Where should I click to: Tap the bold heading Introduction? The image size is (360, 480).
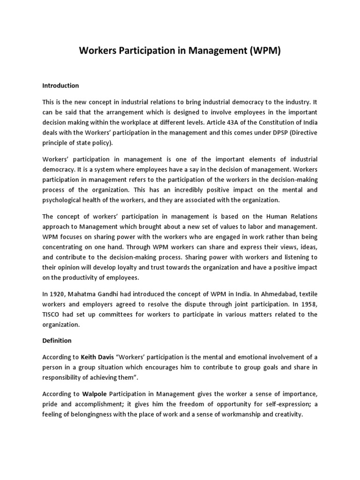pos(60,86)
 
